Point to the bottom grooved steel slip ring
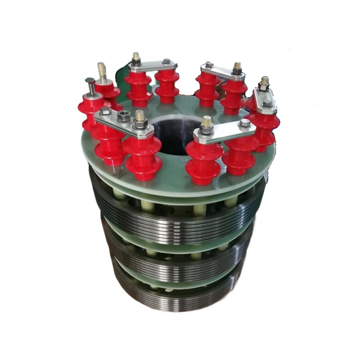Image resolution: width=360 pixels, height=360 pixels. (x=180, y=294)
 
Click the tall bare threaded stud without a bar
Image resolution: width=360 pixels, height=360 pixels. (x=102, y=72)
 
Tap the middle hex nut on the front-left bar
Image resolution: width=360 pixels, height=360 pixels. (x=124, y=117)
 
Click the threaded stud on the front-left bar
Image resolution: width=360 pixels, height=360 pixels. (x=140, y=118)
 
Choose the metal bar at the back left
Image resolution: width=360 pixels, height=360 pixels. (x=151, y=64)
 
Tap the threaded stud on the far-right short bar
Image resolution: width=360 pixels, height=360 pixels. (x=264, y=83)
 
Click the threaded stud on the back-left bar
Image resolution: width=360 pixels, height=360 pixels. (x=136, y=58)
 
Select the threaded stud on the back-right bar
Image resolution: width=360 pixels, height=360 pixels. (x=237, y=67)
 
